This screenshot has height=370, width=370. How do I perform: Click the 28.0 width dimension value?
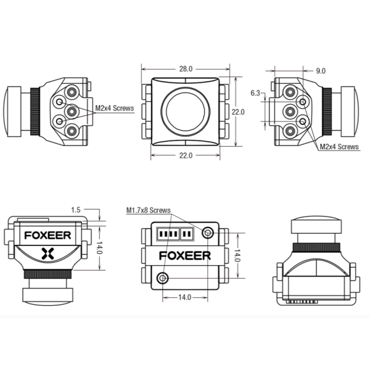pos(186,69)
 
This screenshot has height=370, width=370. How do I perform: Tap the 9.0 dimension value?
pos(321,71)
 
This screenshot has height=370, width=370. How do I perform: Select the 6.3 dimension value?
pos(255,93)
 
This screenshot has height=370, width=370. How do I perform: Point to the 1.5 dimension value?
pos(76,210)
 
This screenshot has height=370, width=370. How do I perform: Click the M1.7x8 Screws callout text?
pos(149,210)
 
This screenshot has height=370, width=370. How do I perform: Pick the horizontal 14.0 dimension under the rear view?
pos(184,297)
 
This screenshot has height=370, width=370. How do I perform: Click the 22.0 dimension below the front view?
pos(186,155)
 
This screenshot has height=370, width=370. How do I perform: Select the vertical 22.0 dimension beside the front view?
pos(238,112)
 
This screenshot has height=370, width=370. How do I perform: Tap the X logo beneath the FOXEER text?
pos(47,253)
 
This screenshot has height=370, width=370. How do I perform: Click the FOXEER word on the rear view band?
pos(185,256)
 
